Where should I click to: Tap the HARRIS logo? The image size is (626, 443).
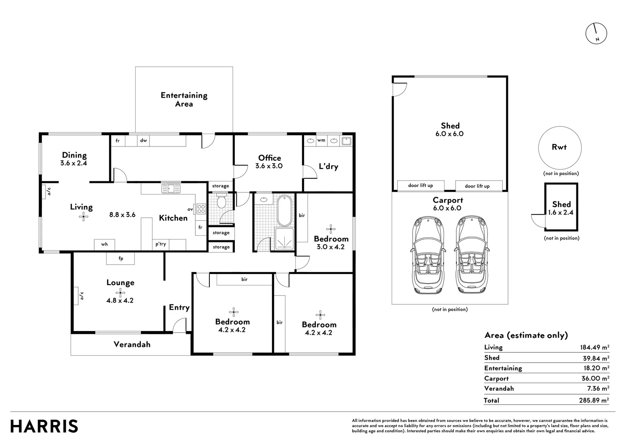(44, 426)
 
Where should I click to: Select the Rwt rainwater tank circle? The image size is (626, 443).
(560, 148)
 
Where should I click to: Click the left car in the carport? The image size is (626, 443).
(428, 255)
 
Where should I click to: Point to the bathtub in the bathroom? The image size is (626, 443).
(284, 210)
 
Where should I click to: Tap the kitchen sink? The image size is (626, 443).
(171, 189)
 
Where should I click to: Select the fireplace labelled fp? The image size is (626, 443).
(120, 258)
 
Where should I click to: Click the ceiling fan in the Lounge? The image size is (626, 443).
(120, 293)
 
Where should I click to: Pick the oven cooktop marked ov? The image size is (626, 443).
(201, 209)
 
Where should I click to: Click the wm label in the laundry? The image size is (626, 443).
(321, 140)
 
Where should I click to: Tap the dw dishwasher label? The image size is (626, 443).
(143, 140)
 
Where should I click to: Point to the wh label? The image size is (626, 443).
(104, 244)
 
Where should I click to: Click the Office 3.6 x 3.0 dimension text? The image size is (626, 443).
(269, 166)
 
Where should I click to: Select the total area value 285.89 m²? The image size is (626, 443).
(594, 400)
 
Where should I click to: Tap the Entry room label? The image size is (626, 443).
(179, 308)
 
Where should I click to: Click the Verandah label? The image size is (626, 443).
(132, 344)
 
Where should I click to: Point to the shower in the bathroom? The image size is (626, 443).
(284, 239)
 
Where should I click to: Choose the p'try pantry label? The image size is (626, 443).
(161, 244)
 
